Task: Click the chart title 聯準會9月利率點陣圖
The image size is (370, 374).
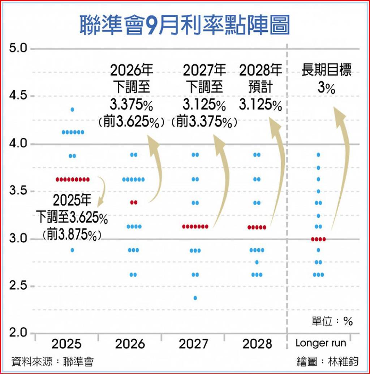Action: [x=185, y=25]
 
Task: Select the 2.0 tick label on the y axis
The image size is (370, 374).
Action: [x=18, y=333]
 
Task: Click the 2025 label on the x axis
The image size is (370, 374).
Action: [x=67, y=344]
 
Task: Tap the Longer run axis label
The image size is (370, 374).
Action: [x=320, y=343]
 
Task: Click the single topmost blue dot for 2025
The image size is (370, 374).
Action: [x=72, y=109]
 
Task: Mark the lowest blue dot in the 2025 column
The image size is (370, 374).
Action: [x=72, y=250]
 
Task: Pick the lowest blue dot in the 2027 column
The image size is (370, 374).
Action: [x=195, y=298]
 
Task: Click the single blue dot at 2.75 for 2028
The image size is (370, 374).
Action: [x=257, y=262]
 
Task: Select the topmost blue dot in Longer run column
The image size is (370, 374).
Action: [x=318, y=155]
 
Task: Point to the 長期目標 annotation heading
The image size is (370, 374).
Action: [x=326, y=70]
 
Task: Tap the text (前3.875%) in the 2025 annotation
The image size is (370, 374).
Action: [x=72, y=235]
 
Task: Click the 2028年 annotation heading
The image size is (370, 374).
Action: [x=260, y=70]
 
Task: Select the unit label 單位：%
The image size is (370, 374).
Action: [x=332, y=321]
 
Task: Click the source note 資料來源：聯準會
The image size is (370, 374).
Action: [x=51, y=362]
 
